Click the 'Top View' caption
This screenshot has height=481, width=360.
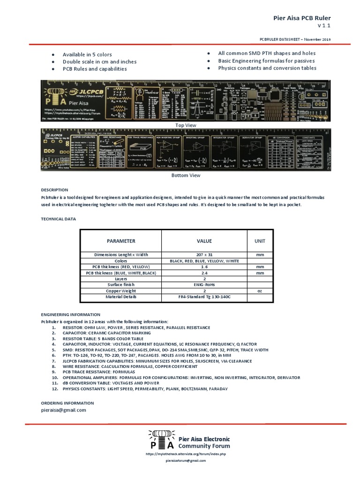186,125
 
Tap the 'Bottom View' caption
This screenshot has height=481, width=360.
186,175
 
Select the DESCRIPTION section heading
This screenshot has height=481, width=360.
54,190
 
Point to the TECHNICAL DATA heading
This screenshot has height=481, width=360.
59,219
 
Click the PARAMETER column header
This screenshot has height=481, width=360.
121,241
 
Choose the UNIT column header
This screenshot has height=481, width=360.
260,241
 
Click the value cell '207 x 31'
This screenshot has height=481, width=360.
204,255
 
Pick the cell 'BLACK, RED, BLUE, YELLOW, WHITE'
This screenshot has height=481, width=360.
204,261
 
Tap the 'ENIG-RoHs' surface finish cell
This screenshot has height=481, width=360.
204,285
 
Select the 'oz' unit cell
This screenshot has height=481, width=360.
260,291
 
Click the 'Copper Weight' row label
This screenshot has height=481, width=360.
121,291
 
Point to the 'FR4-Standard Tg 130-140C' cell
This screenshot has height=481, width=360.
204,297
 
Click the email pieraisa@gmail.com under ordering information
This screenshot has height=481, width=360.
64,410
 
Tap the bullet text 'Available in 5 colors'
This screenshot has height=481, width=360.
87,54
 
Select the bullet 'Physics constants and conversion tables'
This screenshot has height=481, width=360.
267,68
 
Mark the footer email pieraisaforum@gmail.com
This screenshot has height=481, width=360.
186,461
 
